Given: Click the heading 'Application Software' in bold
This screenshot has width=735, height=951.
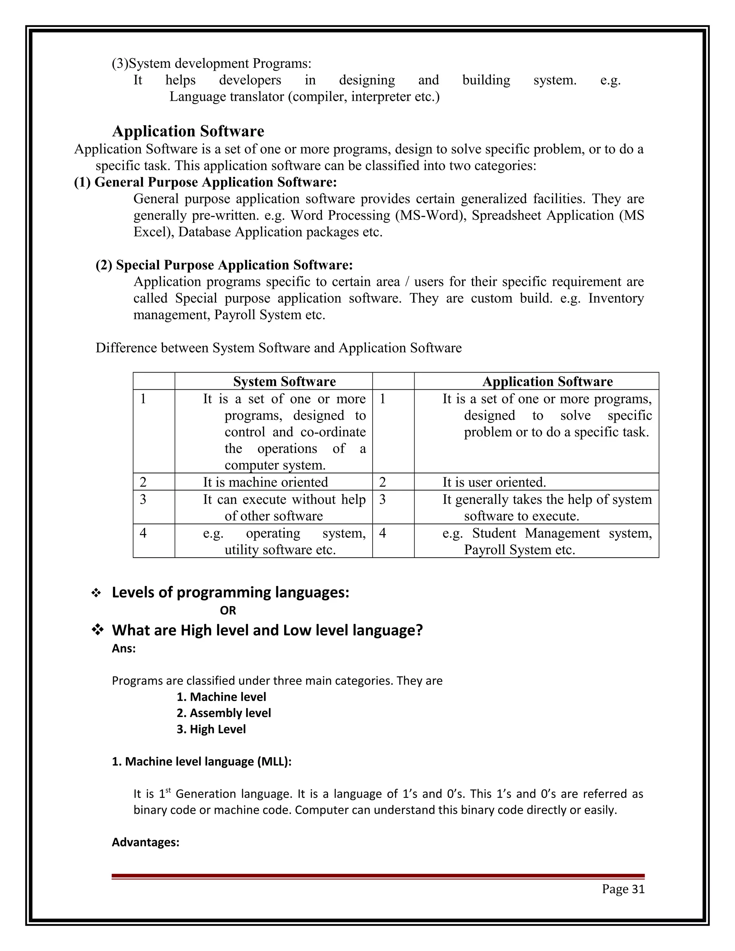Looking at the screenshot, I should pyautogui.click(x=188, y=131).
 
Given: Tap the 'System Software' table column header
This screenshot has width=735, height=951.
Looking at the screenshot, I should pyautogui.click(x=284, y=381).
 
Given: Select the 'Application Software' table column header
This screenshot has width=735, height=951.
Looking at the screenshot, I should pyautogui.click(x=547, y=381).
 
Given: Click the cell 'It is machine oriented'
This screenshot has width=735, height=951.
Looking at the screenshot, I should pyautogui.click(x=265, y=482).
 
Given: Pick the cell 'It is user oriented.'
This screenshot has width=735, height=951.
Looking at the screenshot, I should pyautogui.click(x=494, y=482).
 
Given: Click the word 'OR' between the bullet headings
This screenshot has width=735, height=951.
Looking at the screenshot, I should pyautogui.click(x=228, y=610).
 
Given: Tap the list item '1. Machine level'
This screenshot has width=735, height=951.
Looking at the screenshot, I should pyautogui.click(x=221, y=697).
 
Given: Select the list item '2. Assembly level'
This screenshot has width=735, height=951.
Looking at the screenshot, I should pyautogui.click(x=224, y=713).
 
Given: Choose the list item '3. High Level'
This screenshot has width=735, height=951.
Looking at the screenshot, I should pyautogui.click(x=211, y=729).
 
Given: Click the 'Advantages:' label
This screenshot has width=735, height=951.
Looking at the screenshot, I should pyautogui.click(x=145, y=842).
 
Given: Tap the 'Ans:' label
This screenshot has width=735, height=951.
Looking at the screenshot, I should pyautogui.click(x=124, y=648).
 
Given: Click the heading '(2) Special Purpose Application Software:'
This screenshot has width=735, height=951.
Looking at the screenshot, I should pyautogui.click(x=224, y=265).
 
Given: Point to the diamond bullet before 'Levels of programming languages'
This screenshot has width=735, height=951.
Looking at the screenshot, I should pyautogui.click(x=96, y=593).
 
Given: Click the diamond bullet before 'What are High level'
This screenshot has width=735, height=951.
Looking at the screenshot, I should pyautogui.click(x=97, y=630).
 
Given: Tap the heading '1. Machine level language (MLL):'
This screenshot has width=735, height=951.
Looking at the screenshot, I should pyautogui.click(x=202, y=762).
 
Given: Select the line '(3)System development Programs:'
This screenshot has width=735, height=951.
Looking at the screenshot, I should pyautogui.click(x=212, y=64).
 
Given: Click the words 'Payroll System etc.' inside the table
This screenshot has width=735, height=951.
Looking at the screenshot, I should pyautogui.click(x=519, y=550).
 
